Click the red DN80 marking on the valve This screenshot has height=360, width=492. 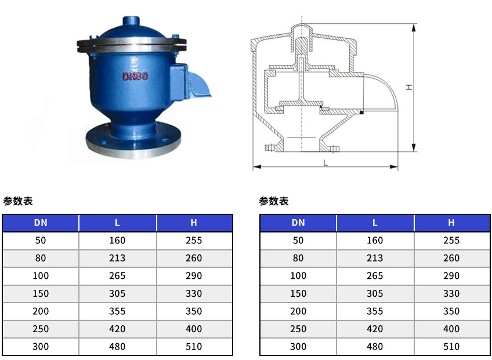pyautogui.click(x=135, y=76)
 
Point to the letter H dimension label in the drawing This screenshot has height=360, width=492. pyautogui.click(x=409, y=87)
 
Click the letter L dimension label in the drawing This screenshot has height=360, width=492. pyautogui.click(x=325, y=163)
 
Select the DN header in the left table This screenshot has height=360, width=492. pyautogui.click(x=41, y=223)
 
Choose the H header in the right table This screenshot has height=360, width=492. pyautogui.click(x=451, y=223)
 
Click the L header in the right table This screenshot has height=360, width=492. pyautogui.click(x=375, y=223)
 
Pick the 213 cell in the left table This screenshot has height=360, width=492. pyautogui.click(x=117, y=258)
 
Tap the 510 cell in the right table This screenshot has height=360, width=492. pyautogui.click(x=451, y=347)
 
